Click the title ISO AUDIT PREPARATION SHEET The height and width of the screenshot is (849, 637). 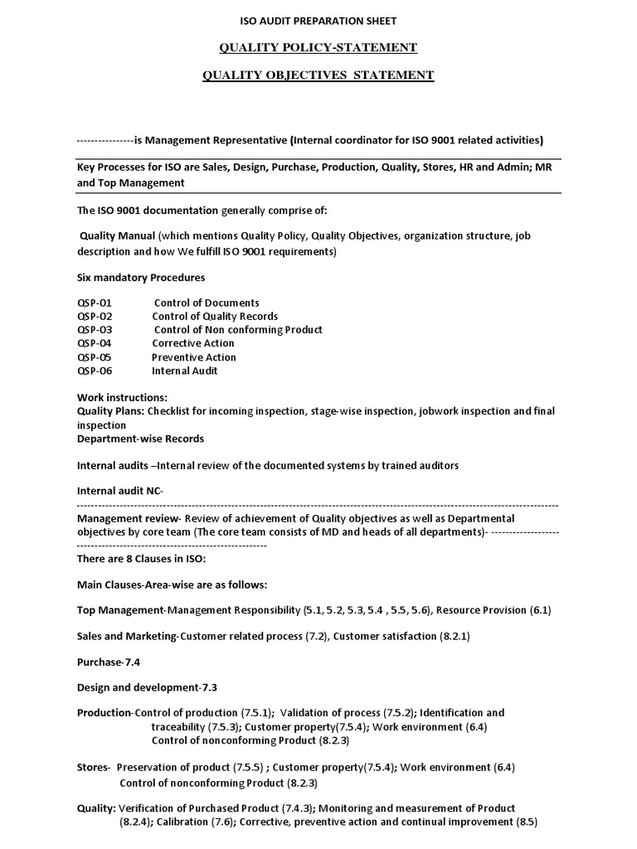tap(318, 20)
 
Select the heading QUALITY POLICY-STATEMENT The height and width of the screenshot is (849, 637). tap(318, 47)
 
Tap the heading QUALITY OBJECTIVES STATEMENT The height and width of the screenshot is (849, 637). tap(318, 75)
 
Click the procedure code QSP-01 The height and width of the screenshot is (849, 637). tap(94, 303)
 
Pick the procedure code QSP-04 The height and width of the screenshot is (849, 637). tap(94, 343)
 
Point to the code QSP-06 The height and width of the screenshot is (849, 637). tap(94, 371)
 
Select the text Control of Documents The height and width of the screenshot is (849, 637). tap(207, 303)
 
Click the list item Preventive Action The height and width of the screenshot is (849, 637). tap(194, 357)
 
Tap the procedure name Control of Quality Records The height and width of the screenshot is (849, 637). tap(215, 317)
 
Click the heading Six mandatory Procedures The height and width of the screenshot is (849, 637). tap(141, 277)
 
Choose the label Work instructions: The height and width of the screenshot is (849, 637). tap(122, 398)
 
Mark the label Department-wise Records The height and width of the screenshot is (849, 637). tap(140, 438)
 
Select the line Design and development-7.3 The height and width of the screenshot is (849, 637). tap(148, 687)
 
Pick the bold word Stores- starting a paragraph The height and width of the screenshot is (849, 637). tap(94, 767)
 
